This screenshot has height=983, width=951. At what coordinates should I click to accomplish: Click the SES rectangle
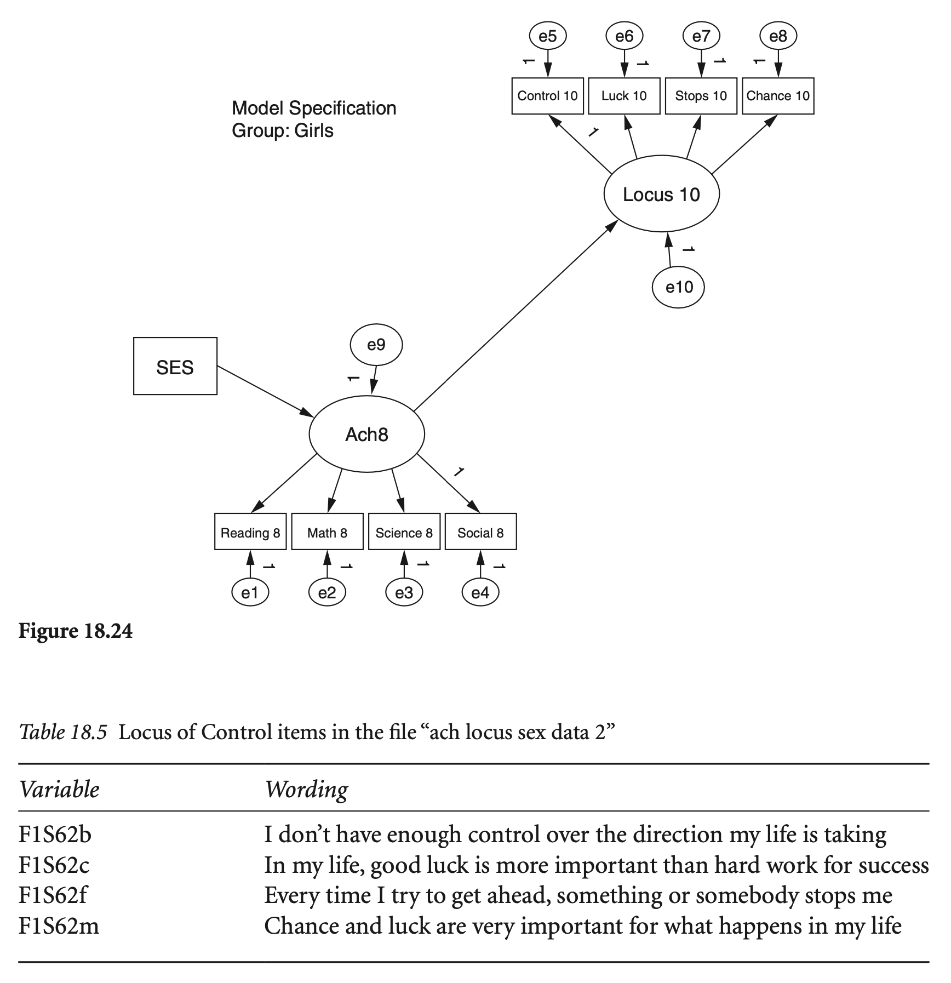(x=175, y=366)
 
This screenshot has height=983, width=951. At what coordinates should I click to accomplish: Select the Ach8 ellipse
(x=366, y=434)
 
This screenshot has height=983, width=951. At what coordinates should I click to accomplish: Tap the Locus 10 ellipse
(x=661, y=195)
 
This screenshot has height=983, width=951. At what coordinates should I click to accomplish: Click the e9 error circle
(x=376, y=345)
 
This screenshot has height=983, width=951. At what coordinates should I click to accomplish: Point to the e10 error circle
(x=678, y=287)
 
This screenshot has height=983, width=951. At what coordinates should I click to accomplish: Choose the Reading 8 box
(x=250, y=532)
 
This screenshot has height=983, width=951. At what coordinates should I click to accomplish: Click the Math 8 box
(x=327, y=532)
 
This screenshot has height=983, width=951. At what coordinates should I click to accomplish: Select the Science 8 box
(x=404, y=532)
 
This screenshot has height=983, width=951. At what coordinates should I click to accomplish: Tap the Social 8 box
(x=480, y=532)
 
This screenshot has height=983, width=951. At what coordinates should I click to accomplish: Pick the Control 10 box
(x=547, y=96)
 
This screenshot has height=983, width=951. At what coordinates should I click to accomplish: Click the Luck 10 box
(x=624, y=96)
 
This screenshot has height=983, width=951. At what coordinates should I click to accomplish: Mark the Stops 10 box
(x=701, y=96)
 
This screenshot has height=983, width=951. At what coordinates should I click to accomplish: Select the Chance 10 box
(x=778, y=96)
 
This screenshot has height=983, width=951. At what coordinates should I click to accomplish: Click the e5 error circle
(x=547, y=36)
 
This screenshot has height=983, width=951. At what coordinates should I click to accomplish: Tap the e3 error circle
(x=404, y=593)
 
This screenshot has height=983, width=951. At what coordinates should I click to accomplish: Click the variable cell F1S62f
(x=53, y=895)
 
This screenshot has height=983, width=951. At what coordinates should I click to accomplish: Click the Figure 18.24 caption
(x=76, y=631)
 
